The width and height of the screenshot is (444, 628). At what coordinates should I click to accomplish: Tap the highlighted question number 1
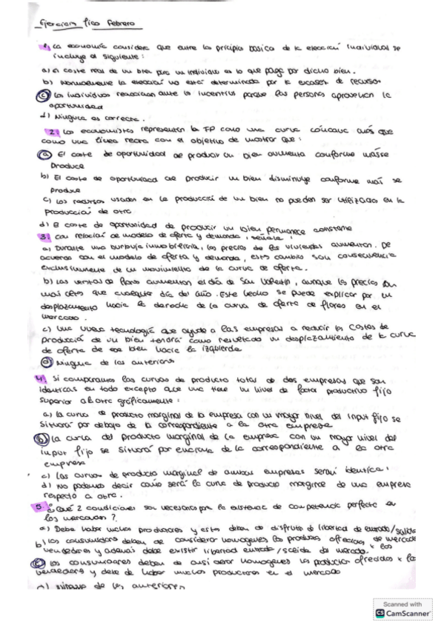pyautogui.click(x=46, y=47)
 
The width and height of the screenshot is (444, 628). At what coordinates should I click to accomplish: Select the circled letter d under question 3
pyautogui.click(x=43, y=361)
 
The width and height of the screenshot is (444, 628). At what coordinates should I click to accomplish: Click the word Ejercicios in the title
pyautogui.click(x=61, y=24)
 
